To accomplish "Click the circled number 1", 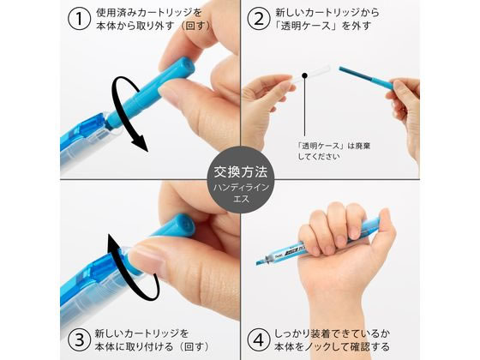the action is click(x=79, y=19).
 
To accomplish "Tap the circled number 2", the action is click(x=259, y=19).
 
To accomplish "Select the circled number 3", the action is click(x=79, y=339).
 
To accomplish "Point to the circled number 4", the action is click(x=259, y=339).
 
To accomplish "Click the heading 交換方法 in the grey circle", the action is click(x=240, y=172).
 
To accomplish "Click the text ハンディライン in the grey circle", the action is click(x=241, y=188).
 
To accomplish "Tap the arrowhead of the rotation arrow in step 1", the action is click(x=141, y=145).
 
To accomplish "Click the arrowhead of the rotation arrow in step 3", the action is click(x=114, y=242).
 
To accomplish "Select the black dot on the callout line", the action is click(x=304, y=75).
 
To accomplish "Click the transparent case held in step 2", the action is click(x=310, y=74).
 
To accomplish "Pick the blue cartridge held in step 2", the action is click(x=366, y=78).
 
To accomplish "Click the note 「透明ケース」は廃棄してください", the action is click(x=333, y=151).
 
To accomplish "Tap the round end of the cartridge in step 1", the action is click(x=185, y=66).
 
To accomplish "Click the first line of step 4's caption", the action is click(x=332, y=333).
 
